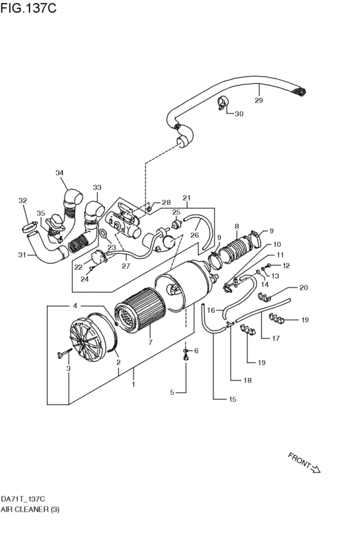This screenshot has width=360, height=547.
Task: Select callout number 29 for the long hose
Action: tap(258, 100)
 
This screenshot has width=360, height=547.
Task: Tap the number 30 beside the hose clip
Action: tap(239, 114)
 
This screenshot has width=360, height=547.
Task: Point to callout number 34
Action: tap(60, 172)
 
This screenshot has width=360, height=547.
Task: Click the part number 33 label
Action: tap(97, 188)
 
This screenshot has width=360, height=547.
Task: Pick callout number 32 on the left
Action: tap(22, 201)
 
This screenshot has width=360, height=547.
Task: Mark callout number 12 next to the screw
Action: tap(286, 265)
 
